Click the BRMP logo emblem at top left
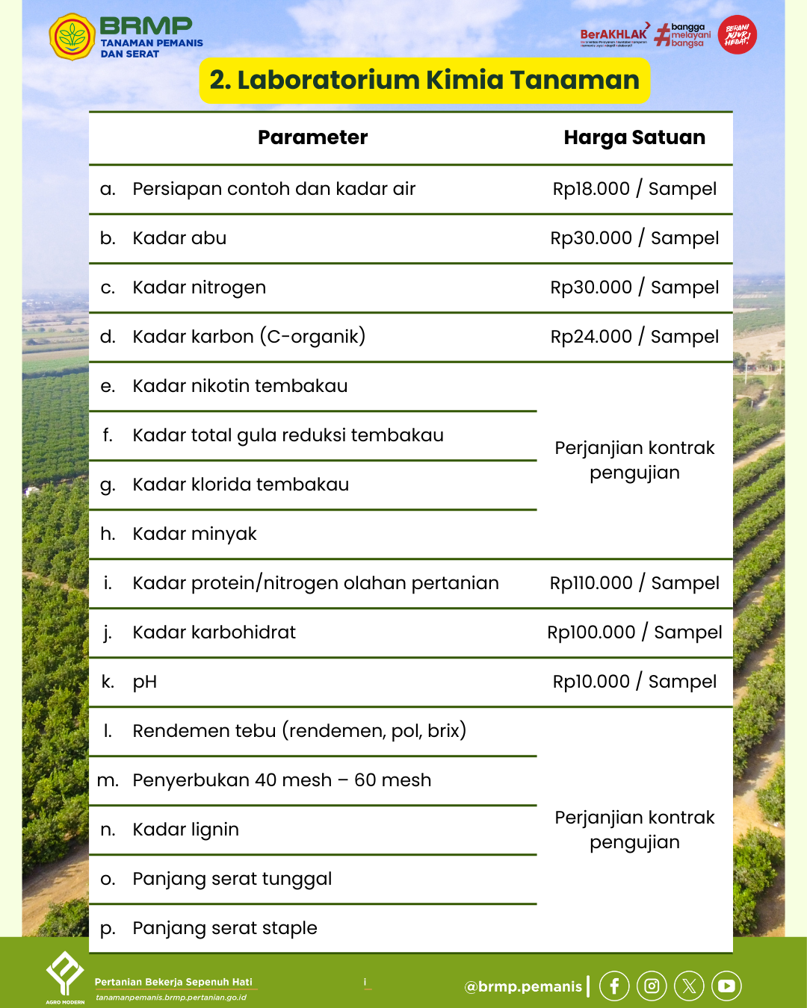tap(72, 36)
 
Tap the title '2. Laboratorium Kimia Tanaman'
tap(424, 80)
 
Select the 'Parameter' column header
tap(312, 137)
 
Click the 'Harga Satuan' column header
tap(634, 137)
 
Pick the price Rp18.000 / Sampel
tap(634, 189)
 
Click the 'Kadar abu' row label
tap(179, 238)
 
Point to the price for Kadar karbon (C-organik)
tap(634, 337)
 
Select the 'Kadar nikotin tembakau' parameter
tap(240, 386)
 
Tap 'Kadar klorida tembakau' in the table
tap(241, 485)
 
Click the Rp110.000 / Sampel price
tap(634, 583)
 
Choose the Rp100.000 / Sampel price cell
tap(634, 632)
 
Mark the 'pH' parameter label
tap(145, 682)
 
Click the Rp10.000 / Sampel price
tap(634, 682)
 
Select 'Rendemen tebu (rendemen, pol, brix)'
tap(299, 731)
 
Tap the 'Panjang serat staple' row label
tap(225, 928)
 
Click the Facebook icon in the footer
tap(614, 986)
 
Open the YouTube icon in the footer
tap(726, 986)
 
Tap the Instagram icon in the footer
tap(652, 986)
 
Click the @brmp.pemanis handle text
tap(523, 986)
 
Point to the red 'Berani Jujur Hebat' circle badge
tap(738, 35)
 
